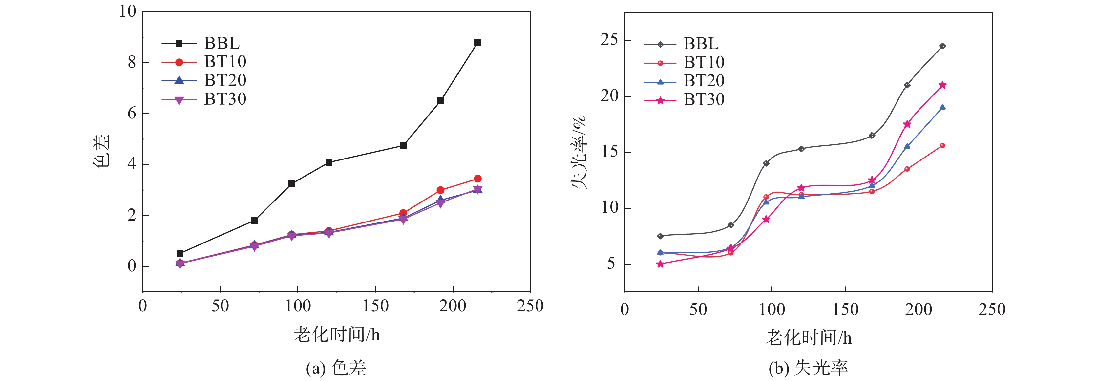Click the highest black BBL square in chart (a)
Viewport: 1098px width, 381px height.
(x=477, y=42)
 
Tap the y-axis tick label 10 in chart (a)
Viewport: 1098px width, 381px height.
(x=127, y=11)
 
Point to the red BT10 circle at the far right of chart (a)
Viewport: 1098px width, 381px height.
(x=477, y=179)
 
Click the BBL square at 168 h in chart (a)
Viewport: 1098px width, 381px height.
(x=403, y=146)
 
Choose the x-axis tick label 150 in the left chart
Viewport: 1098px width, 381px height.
(x=375, y=306)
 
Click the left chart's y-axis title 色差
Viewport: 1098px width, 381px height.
(x=101, y=152)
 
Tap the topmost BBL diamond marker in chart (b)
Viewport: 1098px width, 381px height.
(x=942, y=46)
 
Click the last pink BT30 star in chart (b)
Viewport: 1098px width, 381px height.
(x=942, y=85)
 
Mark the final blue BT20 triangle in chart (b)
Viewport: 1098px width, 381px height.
(x=942, y=107)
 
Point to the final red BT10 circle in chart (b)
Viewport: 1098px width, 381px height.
(x=942, y=146)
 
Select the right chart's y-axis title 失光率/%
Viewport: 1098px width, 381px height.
(x=579, y=152)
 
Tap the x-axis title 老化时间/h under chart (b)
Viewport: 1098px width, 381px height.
(x=808, y=338)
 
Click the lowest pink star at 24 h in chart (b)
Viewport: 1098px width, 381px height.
(x=660, y=264)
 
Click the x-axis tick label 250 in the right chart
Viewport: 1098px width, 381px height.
(x=992, y=310)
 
